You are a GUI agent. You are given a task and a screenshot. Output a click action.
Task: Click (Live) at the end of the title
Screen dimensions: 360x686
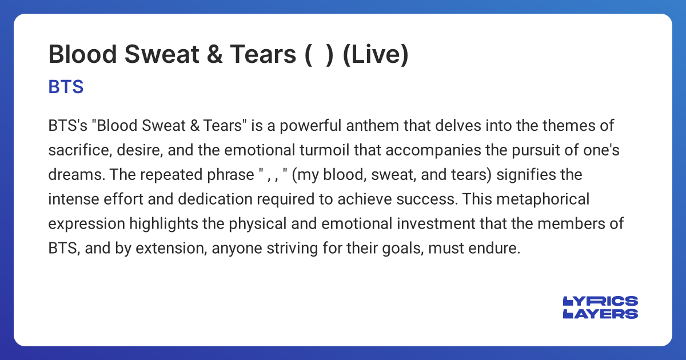click(375, 55)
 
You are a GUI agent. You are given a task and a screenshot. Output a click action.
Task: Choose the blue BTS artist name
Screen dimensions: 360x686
click(66, 87)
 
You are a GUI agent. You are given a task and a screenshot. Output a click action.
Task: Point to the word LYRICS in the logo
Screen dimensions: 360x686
click(600, 301)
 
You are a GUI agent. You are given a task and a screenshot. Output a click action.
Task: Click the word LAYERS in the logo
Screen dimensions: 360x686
click(600, 313)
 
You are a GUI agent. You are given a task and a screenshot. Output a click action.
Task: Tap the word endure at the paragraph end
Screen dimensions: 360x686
click(499, 249)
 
